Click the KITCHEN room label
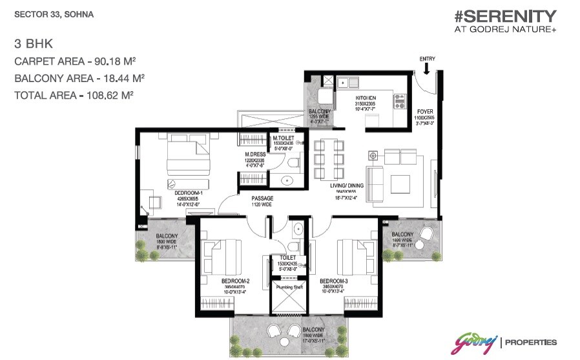click(x=365, y=98)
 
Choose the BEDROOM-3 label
click(x=334, y=281)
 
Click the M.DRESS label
click(x=255, y=154)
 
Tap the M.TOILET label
click(x=283, y=138)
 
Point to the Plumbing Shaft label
click(x=285, y=286)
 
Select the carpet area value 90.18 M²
click(x=114, y=62)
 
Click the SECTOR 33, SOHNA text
click(x=44, y=13)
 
